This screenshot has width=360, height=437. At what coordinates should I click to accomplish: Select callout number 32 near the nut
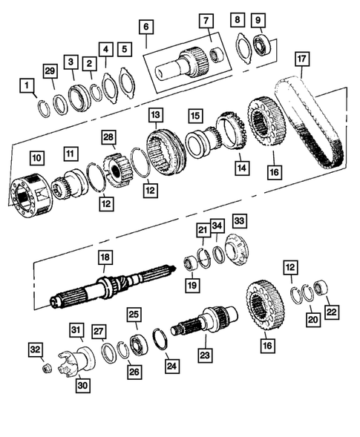(x=34, y=348)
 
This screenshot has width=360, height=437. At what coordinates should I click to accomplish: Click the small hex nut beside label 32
(x=46, y=367)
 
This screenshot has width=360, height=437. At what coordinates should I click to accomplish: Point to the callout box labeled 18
(x=105, y=257)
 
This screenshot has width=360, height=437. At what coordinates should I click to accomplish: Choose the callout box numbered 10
(x=36, y=157)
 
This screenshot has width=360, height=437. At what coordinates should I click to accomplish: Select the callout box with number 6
(x=146, y=28)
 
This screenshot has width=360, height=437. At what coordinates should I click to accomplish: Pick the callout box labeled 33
(x=239, y=221)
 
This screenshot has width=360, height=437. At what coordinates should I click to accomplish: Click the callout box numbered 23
(x=204, y=355)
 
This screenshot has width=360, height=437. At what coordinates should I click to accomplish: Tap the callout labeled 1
(x=28, y=88)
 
